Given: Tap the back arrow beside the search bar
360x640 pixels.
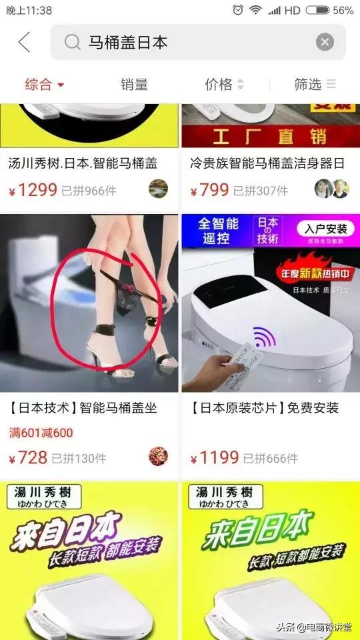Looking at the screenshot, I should [x=24, y=43].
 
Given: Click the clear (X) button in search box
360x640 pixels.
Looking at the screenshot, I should [x=325, y=43].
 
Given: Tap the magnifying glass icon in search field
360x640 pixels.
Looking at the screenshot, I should [x=72, y=43].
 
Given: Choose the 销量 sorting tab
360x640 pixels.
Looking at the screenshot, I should [x=134, y=85].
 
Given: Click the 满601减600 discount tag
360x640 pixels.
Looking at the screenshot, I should [x=41, y=433].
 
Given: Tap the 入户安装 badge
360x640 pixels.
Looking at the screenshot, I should [x=325, y=229].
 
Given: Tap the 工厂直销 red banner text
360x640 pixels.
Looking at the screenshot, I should [x=269, y=137].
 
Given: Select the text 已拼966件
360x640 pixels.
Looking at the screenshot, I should [x=89, y=191].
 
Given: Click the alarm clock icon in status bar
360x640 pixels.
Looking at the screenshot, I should [x=238, y=10].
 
